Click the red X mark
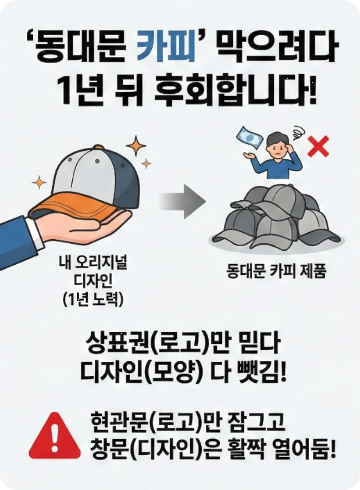[318, 146]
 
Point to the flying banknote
[248, 138]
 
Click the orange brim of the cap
[78, 205]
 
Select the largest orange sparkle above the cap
[136, 145]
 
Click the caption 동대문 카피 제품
[277, 271]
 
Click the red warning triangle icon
[55, 435]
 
